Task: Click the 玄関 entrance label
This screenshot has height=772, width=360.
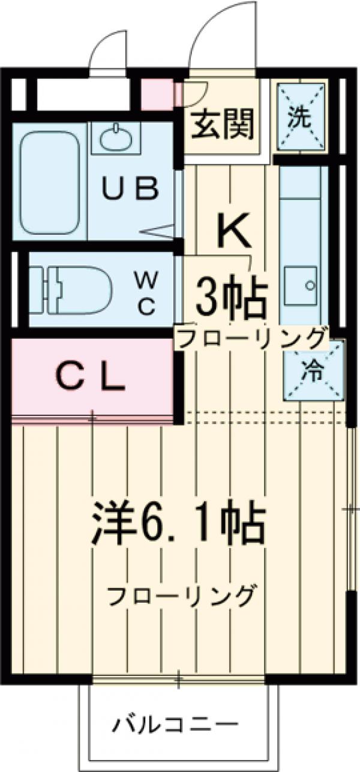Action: point(223,125)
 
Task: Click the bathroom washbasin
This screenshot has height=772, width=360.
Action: point(115,139)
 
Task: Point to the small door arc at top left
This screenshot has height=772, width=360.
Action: point(108,48)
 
